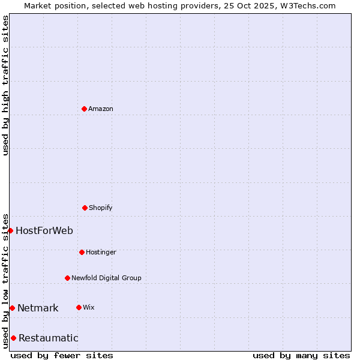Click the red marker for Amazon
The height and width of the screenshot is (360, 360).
point(84,109)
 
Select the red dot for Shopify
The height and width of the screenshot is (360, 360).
point(85,208)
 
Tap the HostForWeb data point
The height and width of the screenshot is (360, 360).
point(10,230)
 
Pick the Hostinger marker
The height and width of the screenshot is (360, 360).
point(82,252)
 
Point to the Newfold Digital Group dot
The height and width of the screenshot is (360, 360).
point(67,278)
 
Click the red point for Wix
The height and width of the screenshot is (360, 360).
point(79,307)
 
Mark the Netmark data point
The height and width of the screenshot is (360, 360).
point(12,308)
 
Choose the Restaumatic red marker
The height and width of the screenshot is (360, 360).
point(13,338)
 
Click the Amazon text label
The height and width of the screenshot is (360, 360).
point(101,109)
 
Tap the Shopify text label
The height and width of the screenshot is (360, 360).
point(101,208)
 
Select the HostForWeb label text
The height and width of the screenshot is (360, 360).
point(44,231)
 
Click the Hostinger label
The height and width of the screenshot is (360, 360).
point(101,253)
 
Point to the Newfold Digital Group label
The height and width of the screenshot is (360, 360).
point(106,278)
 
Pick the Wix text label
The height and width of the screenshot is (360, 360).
point(89,308)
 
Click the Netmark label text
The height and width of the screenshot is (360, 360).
point(38,308)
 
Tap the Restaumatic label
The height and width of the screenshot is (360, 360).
point(49,338)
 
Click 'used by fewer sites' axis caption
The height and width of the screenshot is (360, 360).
point(62,355)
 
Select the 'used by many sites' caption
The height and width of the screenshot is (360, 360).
point(301,355)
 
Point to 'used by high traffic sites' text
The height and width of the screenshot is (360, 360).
point(5,85)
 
